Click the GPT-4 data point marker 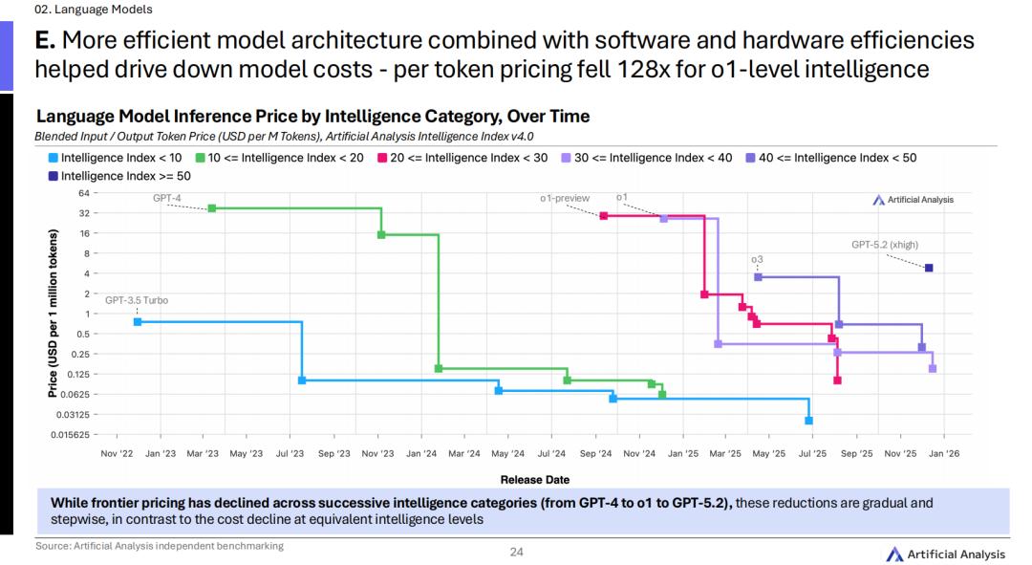211,207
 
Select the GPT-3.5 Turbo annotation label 137,300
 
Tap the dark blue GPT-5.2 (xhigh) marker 929,268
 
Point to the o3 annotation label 757,259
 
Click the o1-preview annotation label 565,198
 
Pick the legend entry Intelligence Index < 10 115,158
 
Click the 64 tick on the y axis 84,193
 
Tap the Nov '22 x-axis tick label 117,453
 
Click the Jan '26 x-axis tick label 944,453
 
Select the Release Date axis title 534,479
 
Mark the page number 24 516,552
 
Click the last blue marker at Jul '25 808,421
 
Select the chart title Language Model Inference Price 312,117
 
